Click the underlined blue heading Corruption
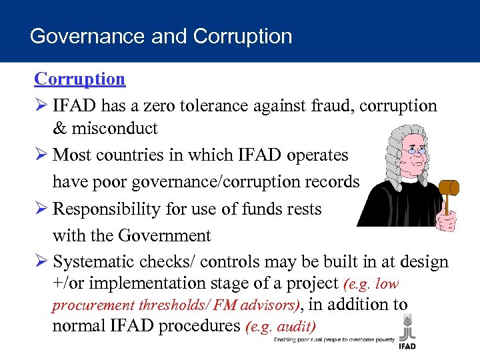point(79,79)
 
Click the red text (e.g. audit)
point(281,327)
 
